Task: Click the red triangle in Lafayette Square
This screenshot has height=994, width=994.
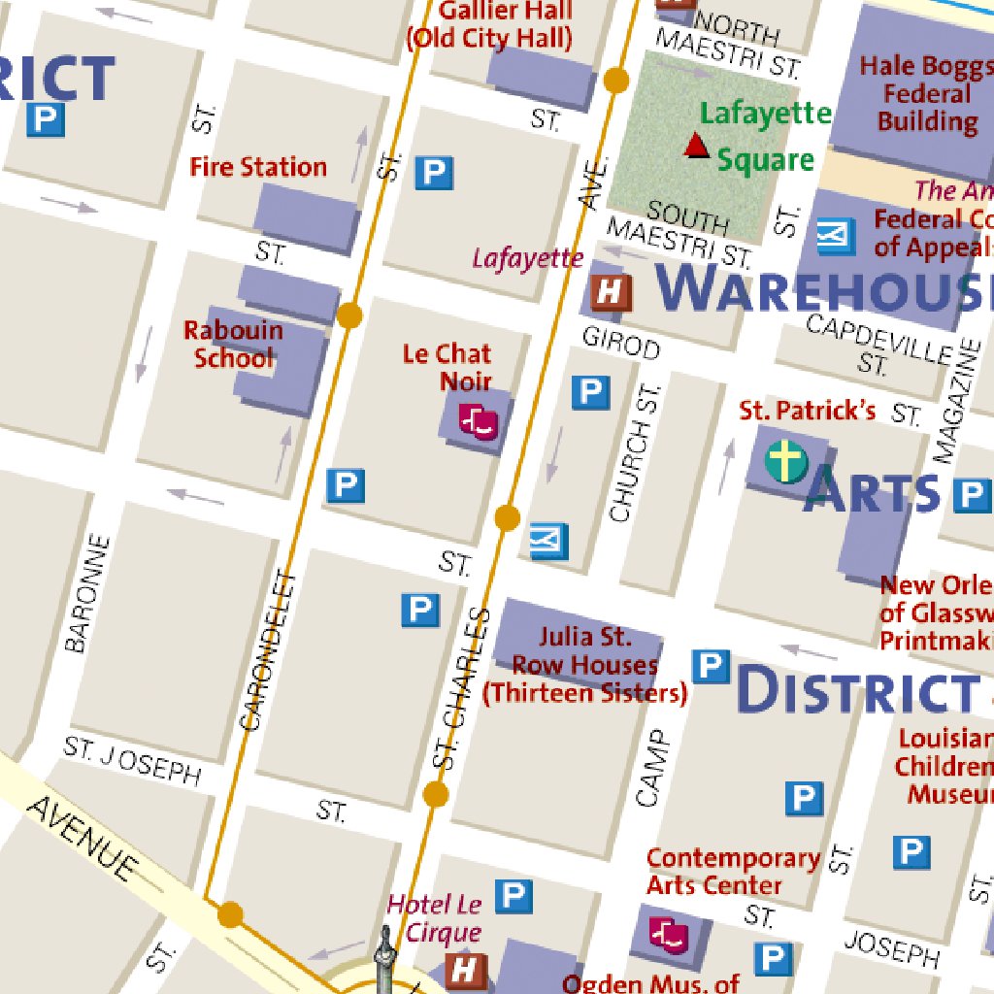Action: pyautogui.click(x=695, y=146)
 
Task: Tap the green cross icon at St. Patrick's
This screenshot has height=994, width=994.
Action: pyautogui.click(x=785, y=461)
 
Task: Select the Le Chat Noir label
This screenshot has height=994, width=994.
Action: pyautogui.click(x=447, y=367)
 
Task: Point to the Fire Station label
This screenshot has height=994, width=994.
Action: pyautogui.click(x=258, y=167)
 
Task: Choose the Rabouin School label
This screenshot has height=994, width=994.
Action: pyautogui.click(x=233, y=344)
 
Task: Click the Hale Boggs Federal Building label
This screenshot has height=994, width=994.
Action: pyautogui.click(x=926, y=94)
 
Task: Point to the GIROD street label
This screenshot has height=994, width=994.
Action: pyautogui.click(x=621, y=343)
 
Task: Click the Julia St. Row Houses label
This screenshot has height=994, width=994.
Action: pyautogui.click(x=584, y=665)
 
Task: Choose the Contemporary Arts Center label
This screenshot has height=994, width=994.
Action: pyautogui.click(x=733, y=872)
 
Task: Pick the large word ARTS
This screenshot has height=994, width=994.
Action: pyautogui.click(x=872, y=490)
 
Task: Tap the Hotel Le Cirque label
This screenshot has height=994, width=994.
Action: pyautogui.click(x=435, y=918)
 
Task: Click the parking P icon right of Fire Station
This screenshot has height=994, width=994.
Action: pyautogui.click(x=434, y=174)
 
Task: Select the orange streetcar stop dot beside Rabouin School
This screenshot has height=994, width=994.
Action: pyautogui.click(x=349, y=315)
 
